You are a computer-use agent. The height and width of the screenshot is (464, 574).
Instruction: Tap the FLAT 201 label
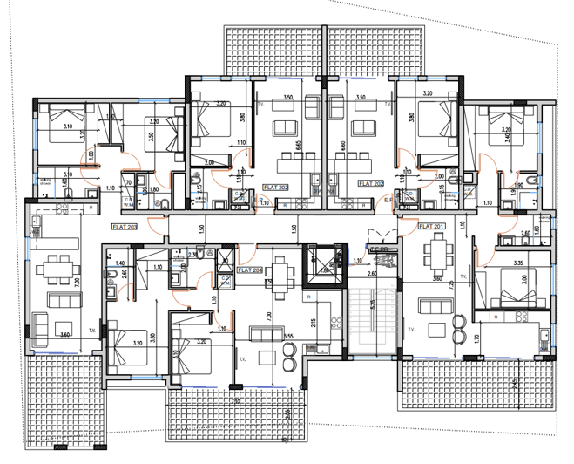(x=431, y=226)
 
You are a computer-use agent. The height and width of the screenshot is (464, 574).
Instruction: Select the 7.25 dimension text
(x=449, y=285)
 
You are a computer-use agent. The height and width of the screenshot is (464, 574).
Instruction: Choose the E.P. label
(x=388, y=200)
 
